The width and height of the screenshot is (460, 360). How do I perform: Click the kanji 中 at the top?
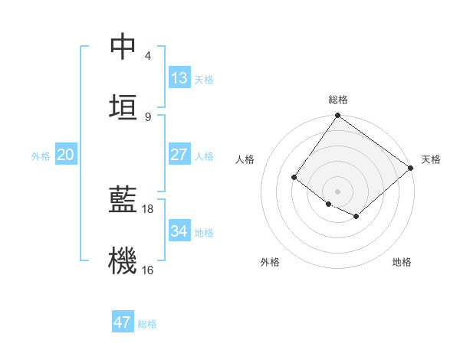point(123,47)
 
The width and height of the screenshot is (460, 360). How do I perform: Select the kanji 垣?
point(123,107)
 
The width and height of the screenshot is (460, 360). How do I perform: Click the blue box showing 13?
point(179,78)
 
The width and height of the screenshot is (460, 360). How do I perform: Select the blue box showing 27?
point(179,155)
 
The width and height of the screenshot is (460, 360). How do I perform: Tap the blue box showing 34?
point(179,231)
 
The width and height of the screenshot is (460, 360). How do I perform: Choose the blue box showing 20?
point(66,155)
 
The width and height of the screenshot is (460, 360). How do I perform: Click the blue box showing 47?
point(123,322)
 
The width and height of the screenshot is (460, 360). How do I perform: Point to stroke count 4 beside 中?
point(148,56)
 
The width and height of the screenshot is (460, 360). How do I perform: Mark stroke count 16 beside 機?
point(148,270)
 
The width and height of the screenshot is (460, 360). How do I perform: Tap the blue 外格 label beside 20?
point(41,156)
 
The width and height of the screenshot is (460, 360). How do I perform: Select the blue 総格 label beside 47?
point(147,324)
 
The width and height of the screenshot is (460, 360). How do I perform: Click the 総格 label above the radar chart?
point(338,100)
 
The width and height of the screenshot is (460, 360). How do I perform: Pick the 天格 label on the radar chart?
point(431,159)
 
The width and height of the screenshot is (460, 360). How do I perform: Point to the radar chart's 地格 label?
point(402,262)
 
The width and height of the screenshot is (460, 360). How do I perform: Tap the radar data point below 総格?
point(337,116)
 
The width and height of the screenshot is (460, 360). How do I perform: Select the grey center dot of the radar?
point(337,191)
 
